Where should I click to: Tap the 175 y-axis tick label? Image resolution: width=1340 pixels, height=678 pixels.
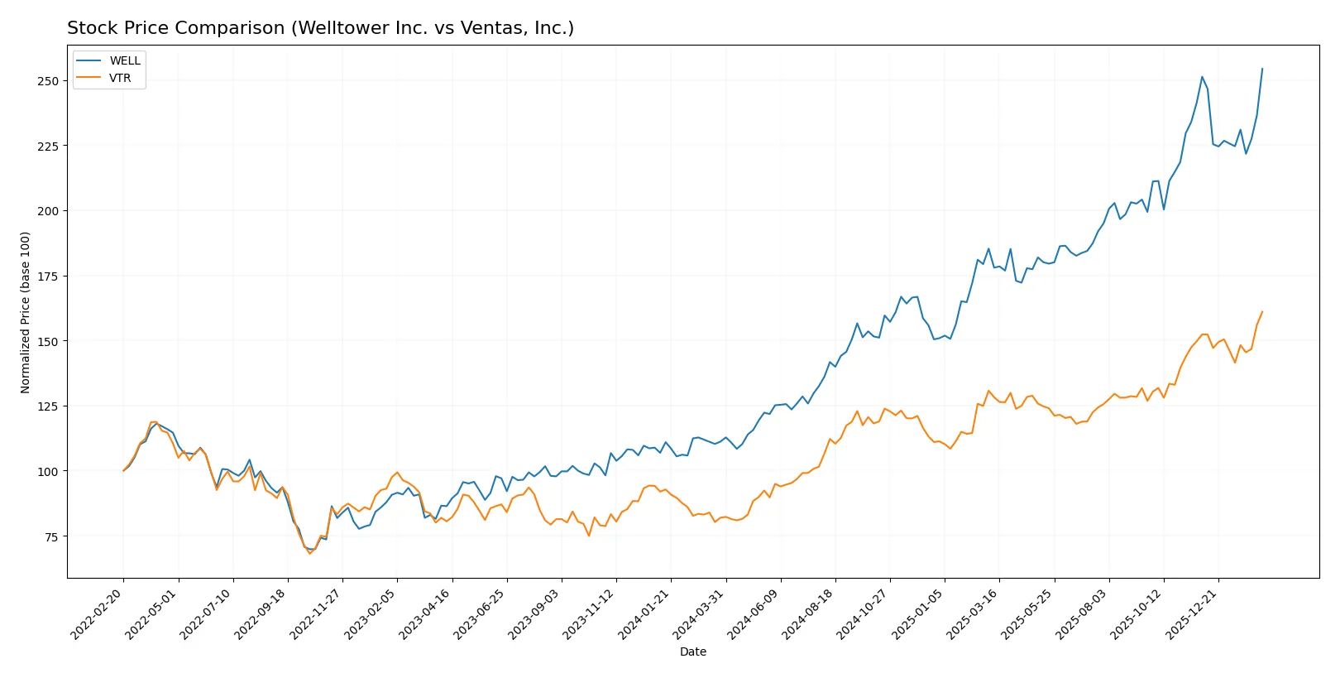[47, 276]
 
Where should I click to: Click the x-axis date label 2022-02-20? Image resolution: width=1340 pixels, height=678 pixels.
[98, 613]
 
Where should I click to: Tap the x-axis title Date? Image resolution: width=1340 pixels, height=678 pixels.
[692, 652]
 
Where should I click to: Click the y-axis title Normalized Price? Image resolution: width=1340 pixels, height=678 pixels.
[26, 312]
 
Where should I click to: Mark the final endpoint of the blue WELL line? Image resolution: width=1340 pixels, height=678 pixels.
[1262, 69]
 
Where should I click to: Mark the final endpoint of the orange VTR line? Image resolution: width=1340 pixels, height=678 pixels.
[1262, 312]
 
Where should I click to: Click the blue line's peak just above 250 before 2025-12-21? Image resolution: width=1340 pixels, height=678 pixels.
[1202, 77]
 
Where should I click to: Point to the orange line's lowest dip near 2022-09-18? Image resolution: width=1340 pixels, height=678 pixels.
[310, 553]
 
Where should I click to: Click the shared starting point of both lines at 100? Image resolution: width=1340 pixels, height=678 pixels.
[124, 470]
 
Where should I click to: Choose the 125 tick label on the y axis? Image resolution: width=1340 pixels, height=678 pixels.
[47, 406]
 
